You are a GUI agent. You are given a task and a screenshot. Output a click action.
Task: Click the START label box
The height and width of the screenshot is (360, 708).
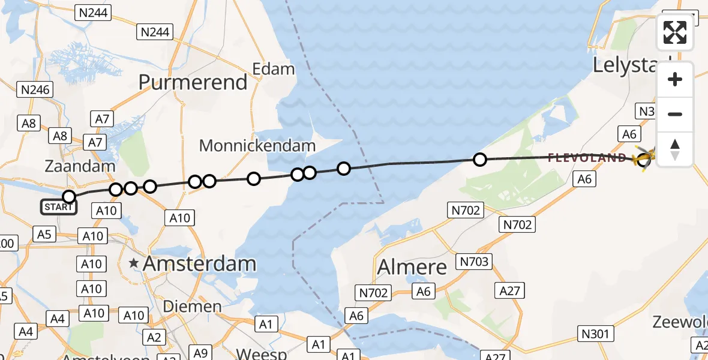[x=59, y=208]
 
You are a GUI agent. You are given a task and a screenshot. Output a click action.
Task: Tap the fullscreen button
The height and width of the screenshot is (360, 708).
[x=675, y=32]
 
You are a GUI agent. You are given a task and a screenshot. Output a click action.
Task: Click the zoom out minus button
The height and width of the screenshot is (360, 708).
[x=675, y=115]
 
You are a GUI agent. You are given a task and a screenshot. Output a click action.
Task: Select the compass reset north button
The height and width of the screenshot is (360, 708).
[x=675, y=149]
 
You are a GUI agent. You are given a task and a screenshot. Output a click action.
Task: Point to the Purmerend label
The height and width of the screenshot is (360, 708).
[x=193, y=82]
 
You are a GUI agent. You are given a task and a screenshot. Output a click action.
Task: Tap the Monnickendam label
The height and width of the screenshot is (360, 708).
[x=257, y=145]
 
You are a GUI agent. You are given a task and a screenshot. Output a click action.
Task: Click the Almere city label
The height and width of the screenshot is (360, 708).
[x=412, y=266]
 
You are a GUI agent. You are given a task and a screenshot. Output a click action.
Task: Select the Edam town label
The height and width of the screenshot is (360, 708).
[x=274, y=69]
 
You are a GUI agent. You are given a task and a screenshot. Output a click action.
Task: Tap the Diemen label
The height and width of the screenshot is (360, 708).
[x=193, y=307]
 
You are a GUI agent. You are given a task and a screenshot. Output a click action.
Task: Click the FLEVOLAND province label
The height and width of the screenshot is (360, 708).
[x=587, y=158]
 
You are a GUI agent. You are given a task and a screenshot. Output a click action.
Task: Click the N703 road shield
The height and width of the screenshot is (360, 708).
[x=475, y=262]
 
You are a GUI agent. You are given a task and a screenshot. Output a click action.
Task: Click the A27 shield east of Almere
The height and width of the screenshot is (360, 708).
[x=511, y=291]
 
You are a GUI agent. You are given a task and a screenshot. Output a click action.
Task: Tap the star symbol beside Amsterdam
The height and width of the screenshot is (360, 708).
[x=134, y=263]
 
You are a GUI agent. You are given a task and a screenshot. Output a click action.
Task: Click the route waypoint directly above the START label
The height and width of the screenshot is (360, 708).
[x=69, y=196]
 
